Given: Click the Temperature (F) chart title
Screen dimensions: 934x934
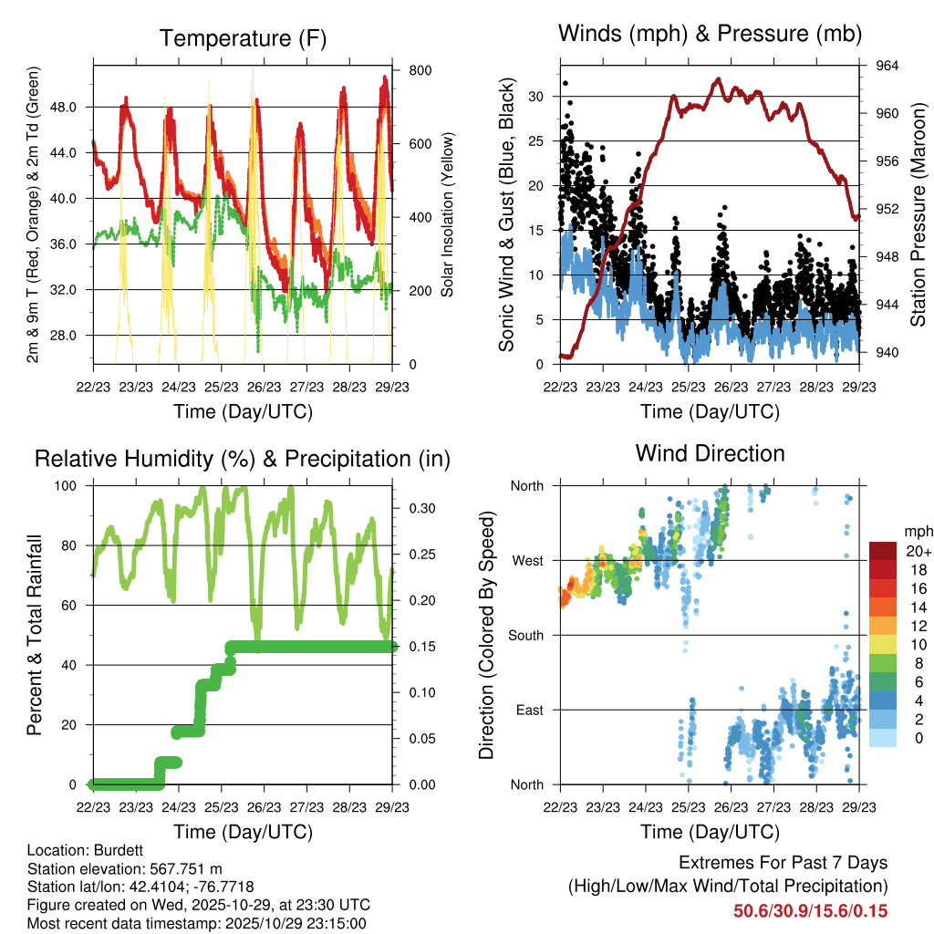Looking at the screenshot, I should pos(243,38).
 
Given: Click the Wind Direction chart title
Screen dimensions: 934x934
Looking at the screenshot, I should pos(710,453).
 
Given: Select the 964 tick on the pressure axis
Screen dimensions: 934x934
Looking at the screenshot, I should pos(888,66).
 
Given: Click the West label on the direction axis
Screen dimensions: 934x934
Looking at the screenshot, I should pos(526,560).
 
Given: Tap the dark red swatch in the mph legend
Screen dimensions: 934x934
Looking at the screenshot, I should pos(883,551).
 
